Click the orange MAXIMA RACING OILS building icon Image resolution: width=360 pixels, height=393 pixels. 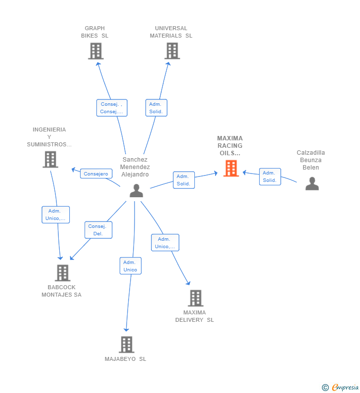point(231,169)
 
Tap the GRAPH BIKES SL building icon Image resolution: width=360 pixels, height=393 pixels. point(96,51)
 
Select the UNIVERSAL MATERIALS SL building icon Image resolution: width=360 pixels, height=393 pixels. point(172,51)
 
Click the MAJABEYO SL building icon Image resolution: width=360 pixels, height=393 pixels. point(127,345)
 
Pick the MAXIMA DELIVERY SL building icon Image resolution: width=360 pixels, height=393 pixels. point(195,298)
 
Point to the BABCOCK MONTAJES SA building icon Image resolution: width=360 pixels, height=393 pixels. point(62,273)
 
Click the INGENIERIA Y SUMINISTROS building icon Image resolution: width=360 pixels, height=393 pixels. point(50,159)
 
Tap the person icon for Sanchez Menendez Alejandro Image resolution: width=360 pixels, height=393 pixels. point(136,190)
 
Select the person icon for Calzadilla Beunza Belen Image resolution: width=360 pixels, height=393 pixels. point(312,183)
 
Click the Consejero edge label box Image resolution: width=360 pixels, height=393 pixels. point(96,174)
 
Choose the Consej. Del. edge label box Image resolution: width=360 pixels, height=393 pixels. point(98,230)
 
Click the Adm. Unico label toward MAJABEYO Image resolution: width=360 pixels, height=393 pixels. point(131,265)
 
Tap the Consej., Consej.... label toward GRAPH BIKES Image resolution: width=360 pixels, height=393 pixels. point(112,108)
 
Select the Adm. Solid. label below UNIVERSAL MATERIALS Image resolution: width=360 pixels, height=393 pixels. point(156,108)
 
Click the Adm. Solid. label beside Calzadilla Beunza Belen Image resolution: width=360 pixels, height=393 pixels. point(270,176)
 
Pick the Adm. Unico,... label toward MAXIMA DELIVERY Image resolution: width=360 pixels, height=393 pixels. point(165,243)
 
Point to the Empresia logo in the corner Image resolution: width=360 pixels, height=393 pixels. point(345,388)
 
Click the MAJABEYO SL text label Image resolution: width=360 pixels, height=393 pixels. point(125,359)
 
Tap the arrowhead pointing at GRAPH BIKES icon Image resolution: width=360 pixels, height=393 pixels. point(98,64)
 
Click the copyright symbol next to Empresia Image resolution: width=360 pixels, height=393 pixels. point(325,388)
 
